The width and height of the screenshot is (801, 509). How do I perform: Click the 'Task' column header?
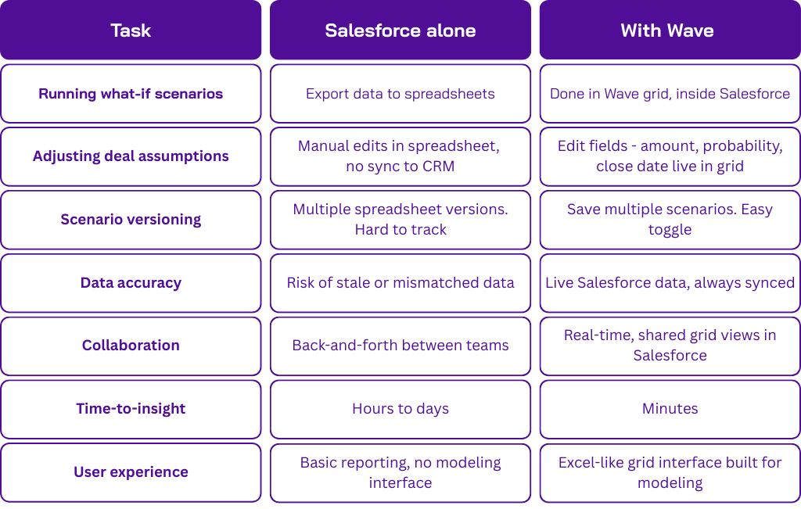[131, 30]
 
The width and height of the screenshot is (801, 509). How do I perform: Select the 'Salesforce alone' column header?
[400, 30]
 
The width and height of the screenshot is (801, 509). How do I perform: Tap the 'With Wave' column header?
[667, 30]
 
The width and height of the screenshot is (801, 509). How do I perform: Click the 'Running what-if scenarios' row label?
[131, 94]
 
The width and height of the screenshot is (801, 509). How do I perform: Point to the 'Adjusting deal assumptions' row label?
[131, 156]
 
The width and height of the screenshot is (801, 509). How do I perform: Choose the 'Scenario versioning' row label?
[131, 220]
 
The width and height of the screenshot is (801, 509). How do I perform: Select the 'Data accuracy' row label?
[131, 283]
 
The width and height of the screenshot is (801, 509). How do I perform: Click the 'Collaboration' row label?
[131, 346]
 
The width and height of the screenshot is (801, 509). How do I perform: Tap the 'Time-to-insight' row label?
[131, 409]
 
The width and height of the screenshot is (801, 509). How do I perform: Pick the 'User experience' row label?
[131, 472]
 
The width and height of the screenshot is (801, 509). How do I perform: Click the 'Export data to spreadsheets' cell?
[400, 94]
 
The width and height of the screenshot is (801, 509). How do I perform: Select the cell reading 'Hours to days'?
[400, 409]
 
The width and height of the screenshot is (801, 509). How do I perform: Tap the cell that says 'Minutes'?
[670, 409]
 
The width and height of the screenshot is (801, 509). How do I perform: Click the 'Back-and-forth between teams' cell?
[400, 346]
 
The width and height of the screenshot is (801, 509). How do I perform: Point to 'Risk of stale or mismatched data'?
[400, 283]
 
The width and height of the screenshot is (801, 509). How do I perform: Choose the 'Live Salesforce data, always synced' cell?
[670, 283]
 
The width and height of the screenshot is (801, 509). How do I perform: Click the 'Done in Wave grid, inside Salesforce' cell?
[670, 94]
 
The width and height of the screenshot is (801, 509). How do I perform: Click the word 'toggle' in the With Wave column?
[670, 230]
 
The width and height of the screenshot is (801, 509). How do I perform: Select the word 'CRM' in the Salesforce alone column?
[438, 167]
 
